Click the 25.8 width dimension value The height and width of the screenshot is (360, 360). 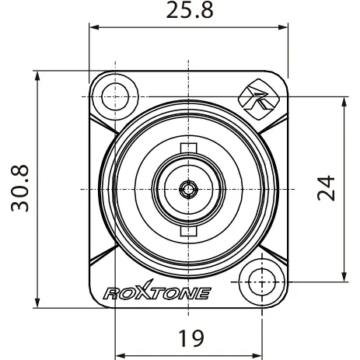pyautogui.click(x=190, y=10)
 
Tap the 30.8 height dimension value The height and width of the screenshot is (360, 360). pyautogui.click(x=20, y=188)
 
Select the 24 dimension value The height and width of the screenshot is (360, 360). pyautogui.click(x=326, y=188)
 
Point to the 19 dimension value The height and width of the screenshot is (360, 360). pyautogui.click(x=191, y=338)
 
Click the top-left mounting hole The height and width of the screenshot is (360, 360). pyautogui.click(x=115, y=96)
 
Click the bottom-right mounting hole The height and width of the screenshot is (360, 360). pyautogui.click(x=262, y=282)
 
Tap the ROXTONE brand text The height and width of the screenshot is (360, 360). pyautogui.click(x=157, y=291)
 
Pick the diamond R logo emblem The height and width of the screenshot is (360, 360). pyautogui.click(x=259, y=100)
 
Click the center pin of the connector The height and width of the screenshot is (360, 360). pyautogui.click(x=189, y=190)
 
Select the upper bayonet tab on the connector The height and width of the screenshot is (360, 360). pyautogui.click(x=189, y=148)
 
